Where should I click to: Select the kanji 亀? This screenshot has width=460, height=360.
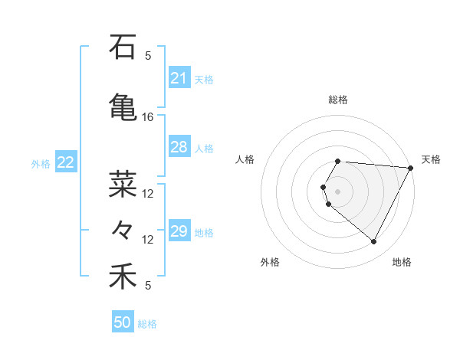tap(123, 106)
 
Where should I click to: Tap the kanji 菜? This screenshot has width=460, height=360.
tap(123, 184)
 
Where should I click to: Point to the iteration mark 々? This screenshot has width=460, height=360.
tap(123, 229)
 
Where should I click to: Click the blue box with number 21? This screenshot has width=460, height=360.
tap(179, 78)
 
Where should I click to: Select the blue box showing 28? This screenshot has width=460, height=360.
tap(179, 147)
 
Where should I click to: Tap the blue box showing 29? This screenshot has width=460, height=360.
tap(179, 231)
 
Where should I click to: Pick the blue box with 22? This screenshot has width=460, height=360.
tap(66, 162)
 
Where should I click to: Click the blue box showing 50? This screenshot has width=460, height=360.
tap(123, 322)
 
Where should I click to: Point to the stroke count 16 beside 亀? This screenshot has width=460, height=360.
tap(148, 117)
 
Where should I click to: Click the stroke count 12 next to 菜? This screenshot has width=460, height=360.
tap(148, 194)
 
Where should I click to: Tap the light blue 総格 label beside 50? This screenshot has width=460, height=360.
tap(147, 324)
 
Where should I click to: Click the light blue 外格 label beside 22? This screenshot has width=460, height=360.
tap(41, 163)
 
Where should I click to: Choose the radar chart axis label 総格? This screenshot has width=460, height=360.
tap(338, 100)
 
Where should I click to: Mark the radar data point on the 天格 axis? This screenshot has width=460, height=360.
tap(411, 168)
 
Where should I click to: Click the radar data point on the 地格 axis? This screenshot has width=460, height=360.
tap(374, 242)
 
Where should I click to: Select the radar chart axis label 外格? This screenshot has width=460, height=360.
tap(270, 262)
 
